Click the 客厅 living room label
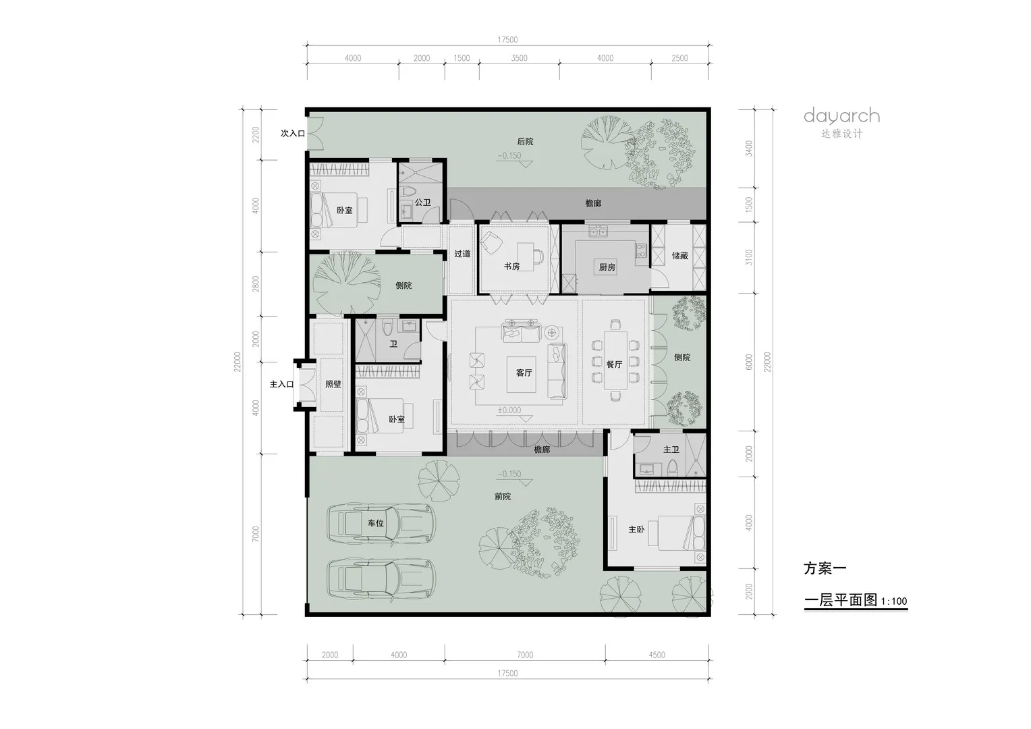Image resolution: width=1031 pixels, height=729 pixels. (x=524, y=373)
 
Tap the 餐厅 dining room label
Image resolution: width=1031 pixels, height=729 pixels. (x=614, y=364)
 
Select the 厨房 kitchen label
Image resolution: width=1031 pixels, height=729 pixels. (x=607, y=267)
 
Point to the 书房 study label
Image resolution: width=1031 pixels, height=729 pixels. (x=511, y=266)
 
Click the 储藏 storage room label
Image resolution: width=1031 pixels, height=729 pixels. (x=680, y=256)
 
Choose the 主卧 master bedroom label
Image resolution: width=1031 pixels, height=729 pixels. (x=636, y=530)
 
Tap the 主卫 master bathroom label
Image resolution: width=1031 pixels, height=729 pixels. (x=671, y=450)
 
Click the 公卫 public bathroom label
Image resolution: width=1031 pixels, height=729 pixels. (x=422, y=202)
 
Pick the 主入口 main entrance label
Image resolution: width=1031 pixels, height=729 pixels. (x=281, y=384)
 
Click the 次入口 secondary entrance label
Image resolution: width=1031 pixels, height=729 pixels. (x=293, y=133)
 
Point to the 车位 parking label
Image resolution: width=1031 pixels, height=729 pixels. (x=376, y=523)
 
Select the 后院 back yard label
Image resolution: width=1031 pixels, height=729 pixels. (x=525, y=141)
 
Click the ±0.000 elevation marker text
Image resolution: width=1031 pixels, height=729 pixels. (x=509, y=410)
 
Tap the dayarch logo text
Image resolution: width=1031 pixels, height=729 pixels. (x=842, y=117)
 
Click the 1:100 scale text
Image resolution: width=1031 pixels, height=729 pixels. (x=894, y=601)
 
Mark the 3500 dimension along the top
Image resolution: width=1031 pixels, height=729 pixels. (x=519, y=58)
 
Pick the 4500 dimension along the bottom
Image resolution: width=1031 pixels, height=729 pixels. (x=657, y=655)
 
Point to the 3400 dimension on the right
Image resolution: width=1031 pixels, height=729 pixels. (x=749, y=148)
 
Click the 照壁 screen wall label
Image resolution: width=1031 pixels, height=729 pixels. (x=333, y=384)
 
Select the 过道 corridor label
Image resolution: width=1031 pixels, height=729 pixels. (x=462, y=254)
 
